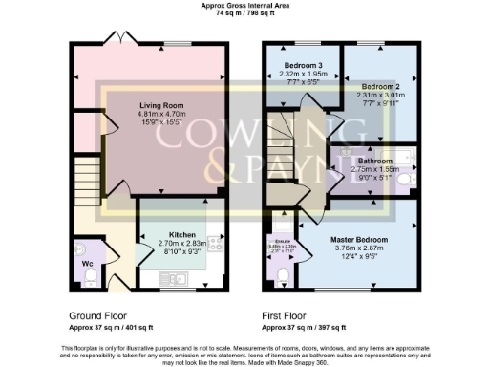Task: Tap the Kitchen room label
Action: [x=183, y=234]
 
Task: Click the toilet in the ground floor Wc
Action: [x=89, y=277]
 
